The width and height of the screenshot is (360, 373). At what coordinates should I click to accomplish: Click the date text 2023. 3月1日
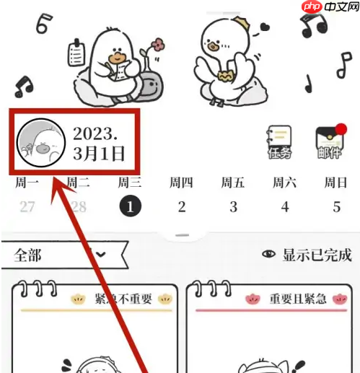(99, 144)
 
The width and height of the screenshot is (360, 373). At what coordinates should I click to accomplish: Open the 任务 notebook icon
(279, 142)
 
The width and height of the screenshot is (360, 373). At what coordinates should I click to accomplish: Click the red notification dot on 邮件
(341, 130)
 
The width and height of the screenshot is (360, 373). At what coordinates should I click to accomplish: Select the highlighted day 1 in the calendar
(131, 207)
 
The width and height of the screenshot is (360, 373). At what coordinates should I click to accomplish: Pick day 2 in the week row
(182, 207)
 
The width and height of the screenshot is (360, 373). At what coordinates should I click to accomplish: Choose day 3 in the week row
(233, 207)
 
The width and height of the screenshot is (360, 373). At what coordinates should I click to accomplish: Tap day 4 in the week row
(285, 207)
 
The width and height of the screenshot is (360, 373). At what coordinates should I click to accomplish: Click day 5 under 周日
(336, 207)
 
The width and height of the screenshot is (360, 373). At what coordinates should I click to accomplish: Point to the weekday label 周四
(182, 183)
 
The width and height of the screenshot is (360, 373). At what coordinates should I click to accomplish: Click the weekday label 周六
(285, 183)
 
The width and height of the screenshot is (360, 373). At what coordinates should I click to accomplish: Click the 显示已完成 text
(317, 255)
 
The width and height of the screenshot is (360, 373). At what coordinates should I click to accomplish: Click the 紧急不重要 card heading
(121, 299)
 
